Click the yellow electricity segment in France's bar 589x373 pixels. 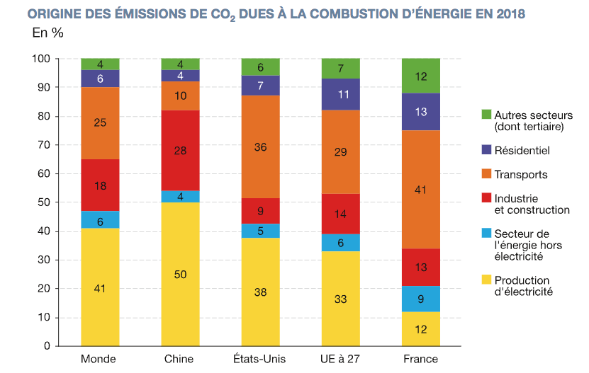(x=420, y=328)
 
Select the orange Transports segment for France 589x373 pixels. (x=420, y=189)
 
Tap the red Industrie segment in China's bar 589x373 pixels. (x=180, y=150)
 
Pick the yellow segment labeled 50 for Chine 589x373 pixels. (x=180, y=274)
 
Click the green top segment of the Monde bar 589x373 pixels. (x=100, y=64)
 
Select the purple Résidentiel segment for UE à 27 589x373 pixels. (x=340, y=94)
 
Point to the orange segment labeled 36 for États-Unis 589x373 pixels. (x=260, y=147)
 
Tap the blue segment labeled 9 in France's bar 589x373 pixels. (x=420, y=298)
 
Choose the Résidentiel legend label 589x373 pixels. (x=522, y=150)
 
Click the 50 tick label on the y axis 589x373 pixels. (x=44, y=202)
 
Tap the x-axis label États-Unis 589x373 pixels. (x=259, y=359)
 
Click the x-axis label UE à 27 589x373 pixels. (x=340, y=359)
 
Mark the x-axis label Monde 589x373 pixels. (x=99, y=359)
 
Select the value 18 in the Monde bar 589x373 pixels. (x=100, y=185)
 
